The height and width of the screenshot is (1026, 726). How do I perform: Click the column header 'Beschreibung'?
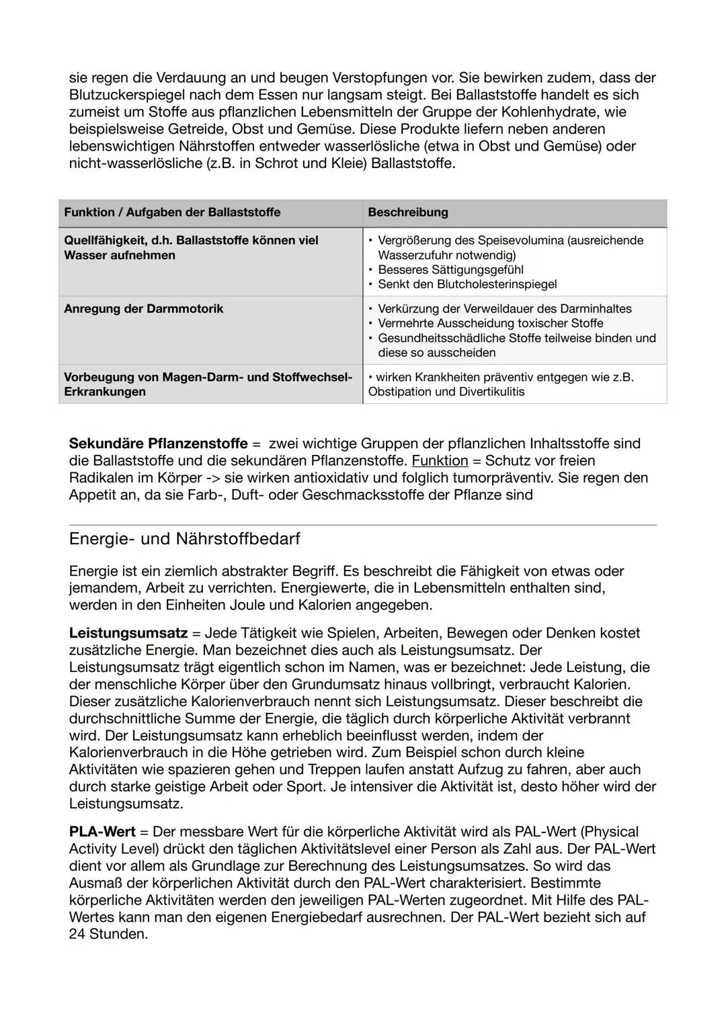click(x=408, y=212)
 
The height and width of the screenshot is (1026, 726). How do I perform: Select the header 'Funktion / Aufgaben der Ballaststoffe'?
click(x=172, y=212)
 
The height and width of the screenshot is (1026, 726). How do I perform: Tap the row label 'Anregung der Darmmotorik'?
click(x=143, y=309)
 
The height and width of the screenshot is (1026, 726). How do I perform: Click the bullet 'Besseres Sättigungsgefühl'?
click(x=450, y=270)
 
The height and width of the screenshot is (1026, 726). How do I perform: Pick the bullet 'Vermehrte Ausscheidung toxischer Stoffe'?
click(x=490, y=324)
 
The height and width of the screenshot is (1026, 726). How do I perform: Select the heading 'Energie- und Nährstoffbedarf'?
click(x=184, y=539)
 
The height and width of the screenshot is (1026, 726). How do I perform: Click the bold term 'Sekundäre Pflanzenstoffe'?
click(x=158, y=443)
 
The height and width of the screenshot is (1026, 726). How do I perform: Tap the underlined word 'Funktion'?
click(x=440, y=461)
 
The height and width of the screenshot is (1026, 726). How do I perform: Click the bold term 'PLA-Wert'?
click(x=102, y=832)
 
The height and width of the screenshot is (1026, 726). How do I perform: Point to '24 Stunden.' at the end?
click(x=108, y=934)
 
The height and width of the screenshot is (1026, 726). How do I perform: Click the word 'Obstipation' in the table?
click(x=401, y=392)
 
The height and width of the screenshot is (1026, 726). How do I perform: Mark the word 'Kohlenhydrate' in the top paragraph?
click(x=581, y=112)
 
